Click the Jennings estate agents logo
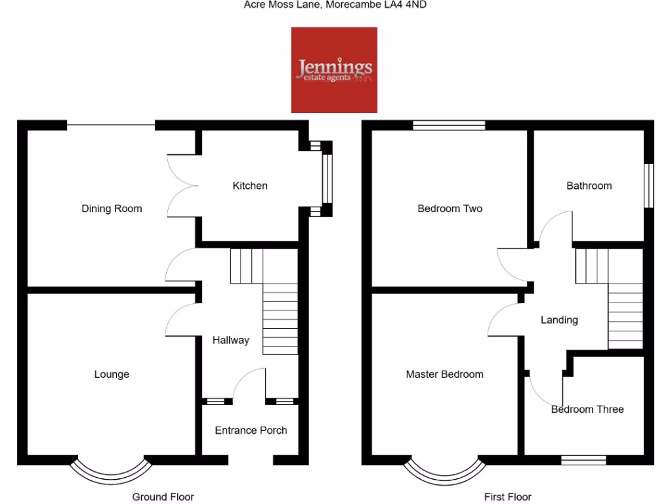[x=334, y=70]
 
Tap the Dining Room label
[x=112, y=209]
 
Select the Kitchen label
[x=250, y=186]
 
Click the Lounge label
[x=112, y=375]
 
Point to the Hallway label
[x=230, y=340]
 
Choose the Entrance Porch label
[x=251, y=430]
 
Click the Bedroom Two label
[x=450, y=209]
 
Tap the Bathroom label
[x=589, y=186]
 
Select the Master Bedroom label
[x=444, y=375]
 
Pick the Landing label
[x=559, y=320]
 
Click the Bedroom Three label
[x=587, y=409]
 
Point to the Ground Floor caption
[x=163, y=497]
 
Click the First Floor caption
[x=507, y=497]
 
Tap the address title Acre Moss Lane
[x=336, y=5]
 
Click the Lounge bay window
[x=111, y=471]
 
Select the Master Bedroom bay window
[x=446, y=471]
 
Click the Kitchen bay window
[x=326, y=178]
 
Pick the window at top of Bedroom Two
[x=449, y=125]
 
